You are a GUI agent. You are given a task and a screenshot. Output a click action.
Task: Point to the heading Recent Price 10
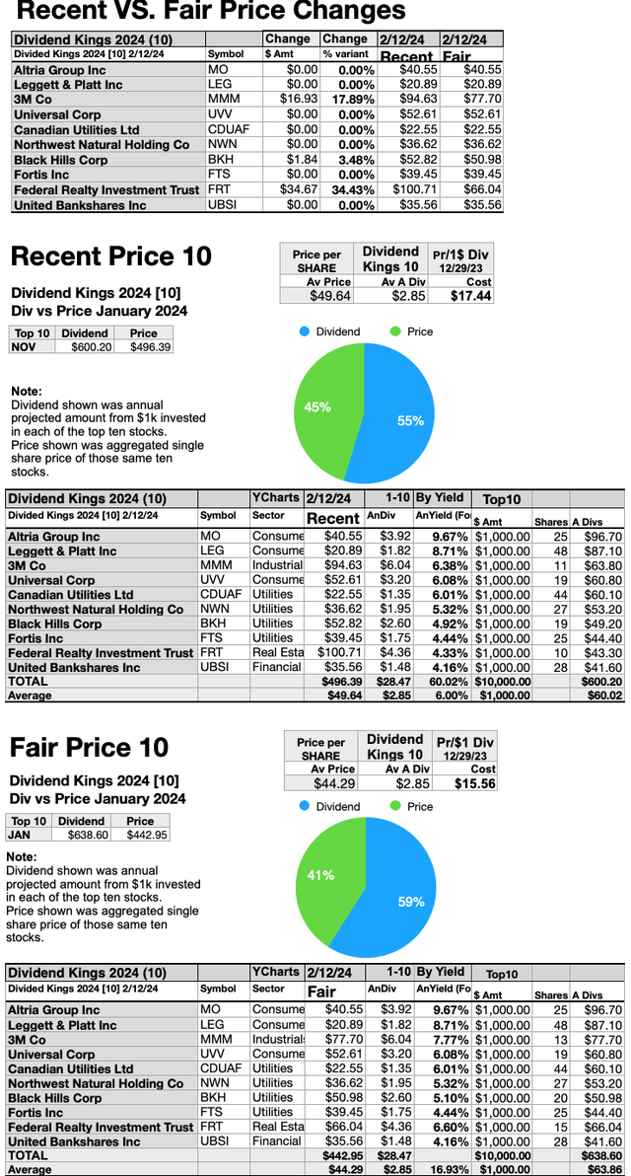click(x=110, y=257)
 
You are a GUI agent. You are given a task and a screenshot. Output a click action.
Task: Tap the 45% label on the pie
click(x=317, y=406)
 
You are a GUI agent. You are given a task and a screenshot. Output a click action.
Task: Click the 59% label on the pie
click(x=412, y=902)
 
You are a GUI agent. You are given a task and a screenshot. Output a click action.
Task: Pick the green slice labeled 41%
click(x=325, y=888)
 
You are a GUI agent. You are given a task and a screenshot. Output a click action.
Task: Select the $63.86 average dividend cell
click(x=604, y=1169)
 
